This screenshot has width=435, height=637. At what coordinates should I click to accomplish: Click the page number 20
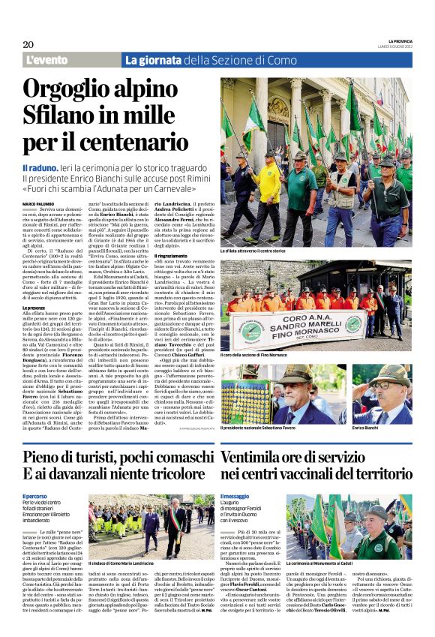(28, 44)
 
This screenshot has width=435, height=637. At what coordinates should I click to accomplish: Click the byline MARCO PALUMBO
(38, 203)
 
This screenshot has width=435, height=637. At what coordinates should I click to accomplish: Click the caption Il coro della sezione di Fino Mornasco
(259, 355)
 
